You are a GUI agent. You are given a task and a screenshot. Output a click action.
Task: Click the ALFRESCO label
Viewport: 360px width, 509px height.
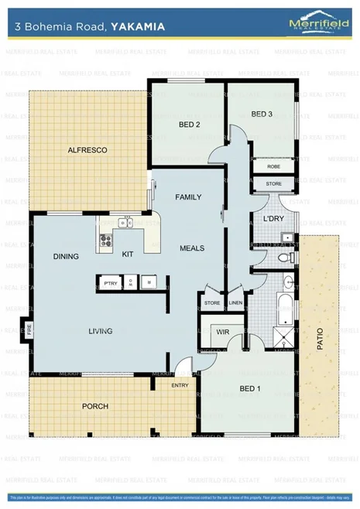click(x=87, y=149)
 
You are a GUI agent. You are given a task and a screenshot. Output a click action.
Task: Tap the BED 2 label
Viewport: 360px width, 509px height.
click(x=190, y=125)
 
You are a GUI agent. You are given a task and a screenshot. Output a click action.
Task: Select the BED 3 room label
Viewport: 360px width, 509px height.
click(x=262, y=114)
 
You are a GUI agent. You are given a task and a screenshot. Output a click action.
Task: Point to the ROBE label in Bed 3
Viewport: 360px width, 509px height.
click(x=273, y=166)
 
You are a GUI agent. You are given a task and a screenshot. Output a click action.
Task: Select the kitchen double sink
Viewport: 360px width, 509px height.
click(x=124, y=224)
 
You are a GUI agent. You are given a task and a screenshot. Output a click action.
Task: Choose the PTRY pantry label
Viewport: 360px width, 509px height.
click(x=109, y=284)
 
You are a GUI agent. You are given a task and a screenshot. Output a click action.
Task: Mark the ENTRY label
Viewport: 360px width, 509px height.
click(x=180, y=384)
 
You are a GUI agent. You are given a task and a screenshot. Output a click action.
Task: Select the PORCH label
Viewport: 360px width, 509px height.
click(x=95, y=406)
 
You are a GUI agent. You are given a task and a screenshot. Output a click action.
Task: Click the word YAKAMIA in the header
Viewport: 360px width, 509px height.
click(x=138, y=26)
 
